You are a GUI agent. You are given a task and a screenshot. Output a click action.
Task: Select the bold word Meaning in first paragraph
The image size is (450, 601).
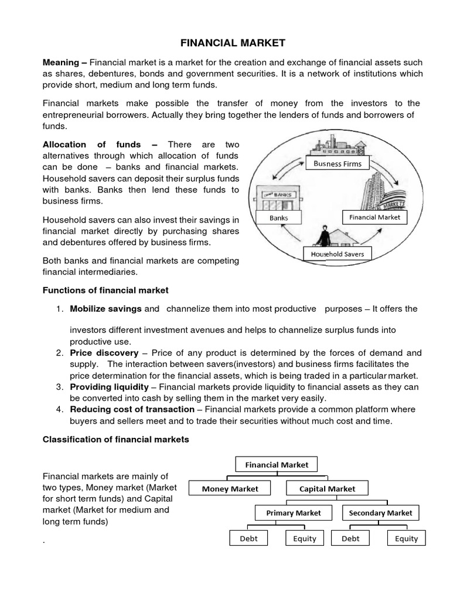(62, 62)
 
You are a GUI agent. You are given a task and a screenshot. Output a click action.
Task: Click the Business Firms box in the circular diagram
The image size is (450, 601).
(337, 163)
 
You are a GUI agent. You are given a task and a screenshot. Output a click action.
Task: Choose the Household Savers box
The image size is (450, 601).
(337, 254)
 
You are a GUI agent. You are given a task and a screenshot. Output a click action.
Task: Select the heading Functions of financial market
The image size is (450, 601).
(106, 290)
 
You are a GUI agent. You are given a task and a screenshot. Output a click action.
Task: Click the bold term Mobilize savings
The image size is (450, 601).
(105, 309)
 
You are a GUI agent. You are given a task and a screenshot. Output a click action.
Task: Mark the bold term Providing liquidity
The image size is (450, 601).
(109, 387)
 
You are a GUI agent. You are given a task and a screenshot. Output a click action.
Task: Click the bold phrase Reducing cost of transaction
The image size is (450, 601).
(133, 409)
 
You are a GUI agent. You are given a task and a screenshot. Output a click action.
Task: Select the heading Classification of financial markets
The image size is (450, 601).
(117, 440)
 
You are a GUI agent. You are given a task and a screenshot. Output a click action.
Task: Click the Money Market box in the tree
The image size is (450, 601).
(230, 488)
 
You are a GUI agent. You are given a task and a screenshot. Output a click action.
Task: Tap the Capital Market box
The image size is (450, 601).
(327, 488)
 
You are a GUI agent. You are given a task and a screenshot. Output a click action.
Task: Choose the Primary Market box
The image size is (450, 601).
(294, 512)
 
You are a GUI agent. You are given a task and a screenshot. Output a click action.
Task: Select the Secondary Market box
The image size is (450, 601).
(380, 512)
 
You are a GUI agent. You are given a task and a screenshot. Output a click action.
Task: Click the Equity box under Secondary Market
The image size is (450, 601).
(406, 538)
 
